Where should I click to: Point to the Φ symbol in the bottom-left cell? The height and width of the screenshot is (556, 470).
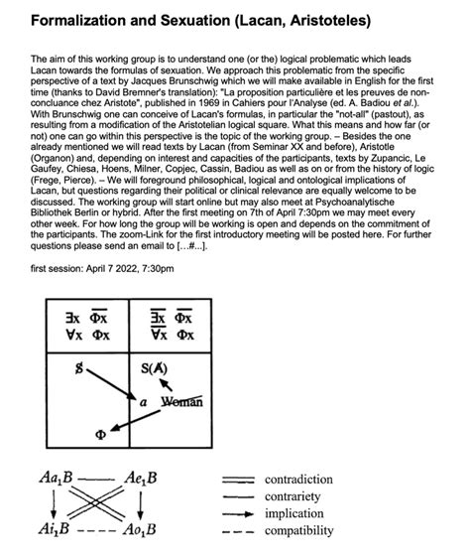[x=97, y=434]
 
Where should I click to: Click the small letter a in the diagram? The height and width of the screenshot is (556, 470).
[x=144, y=402]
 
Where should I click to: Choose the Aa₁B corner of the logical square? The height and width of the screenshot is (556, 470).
[x=55, y=479]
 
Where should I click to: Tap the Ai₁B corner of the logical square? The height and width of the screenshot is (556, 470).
[x=55, y=527]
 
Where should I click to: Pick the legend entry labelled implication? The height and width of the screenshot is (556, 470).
[x=298, y=513]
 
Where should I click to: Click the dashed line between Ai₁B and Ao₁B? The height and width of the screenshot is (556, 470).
[x=95, y=527]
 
